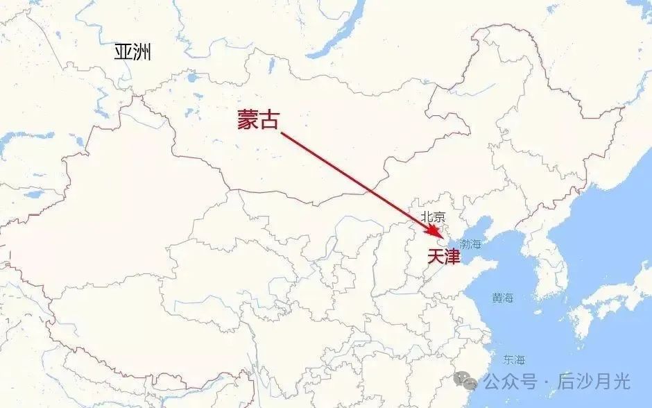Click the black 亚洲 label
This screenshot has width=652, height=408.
coord(132,52)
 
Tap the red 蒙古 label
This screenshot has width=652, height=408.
coord(257,120)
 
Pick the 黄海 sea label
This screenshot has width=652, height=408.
coord(503,298)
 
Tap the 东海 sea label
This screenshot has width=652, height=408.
coord(515,359)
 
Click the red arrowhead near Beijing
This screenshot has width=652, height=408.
coord(434,230)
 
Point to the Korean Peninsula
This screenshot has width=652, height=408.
coord(548,271)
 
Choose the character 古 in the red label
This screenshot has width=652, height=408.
coord(268,120)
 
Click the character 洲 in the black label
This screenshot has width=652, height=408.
coord(142,52)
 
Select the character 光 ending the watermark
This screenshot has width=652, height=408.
coord(621,381)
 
